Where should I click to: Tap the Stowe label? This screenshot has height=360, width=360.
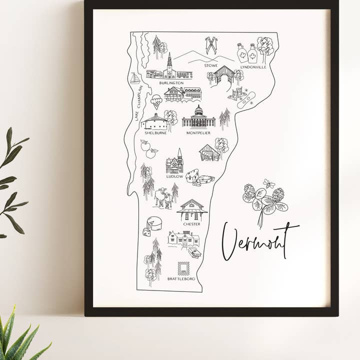(x=210, y=65)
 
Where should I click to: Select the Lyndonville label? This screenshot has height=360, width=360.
(x=253, y=66)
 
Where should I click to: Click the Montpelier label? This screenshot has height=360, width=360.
(x=199, y=133)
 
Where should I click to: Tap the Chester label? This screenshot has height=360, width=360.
(x=191, y=224)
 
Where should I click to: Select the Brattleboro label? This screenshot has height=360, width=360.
(x=181, y=278)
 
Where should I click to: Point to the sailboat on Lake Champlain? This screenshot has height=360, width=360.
(x=135, y=78)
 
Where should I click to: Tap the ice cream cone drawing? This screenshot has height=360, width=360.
(x=156, y=101)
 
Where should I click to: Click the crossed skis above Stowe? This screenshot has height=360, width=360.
(x=211, y=45)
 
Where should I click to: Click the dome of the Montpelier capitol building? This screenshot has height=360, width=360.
(x=198, y=110)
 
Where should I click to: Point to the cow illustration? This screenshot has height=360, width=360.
(x=163, y=197)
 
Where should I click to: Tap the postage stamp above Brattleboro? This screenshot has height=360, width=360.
(x=183, y=268)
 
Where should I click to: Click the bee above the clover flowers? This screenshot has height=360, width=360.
(x=269, y=184)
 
